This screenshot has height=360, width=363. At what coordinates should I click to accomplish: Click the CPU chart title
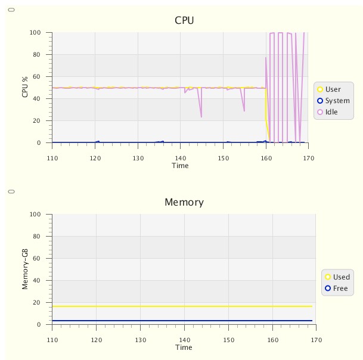[184, 20]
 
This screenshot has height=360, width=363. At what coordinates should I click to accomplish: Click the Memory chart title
[184, 202]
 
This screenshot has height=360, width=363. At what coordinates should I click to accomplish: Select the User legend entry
[333, 89]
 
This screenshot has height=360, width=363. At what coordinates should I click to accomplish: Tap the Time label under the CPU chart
[180, 166]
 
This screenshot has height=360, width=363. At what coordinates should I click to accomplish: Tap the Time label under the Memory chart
[184, 347]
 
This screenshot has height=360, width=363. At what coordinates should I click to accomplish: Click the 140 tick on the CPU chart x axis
[181, 158]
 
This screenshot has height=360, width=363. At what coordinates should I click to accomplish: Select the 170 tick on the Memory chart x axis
[316, 340]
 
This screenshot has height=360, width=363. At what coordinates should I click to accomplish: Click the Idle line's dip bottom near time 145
[201, 117]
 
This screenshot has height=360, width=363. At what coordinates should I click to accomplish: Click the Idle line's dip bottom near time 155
[244, 111]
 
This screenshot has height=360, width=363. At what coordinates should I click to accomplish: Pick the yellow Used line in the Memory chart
[179, 306]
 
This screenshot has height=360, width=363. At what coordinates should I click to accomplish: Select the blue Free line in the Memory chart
[179, 321]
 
